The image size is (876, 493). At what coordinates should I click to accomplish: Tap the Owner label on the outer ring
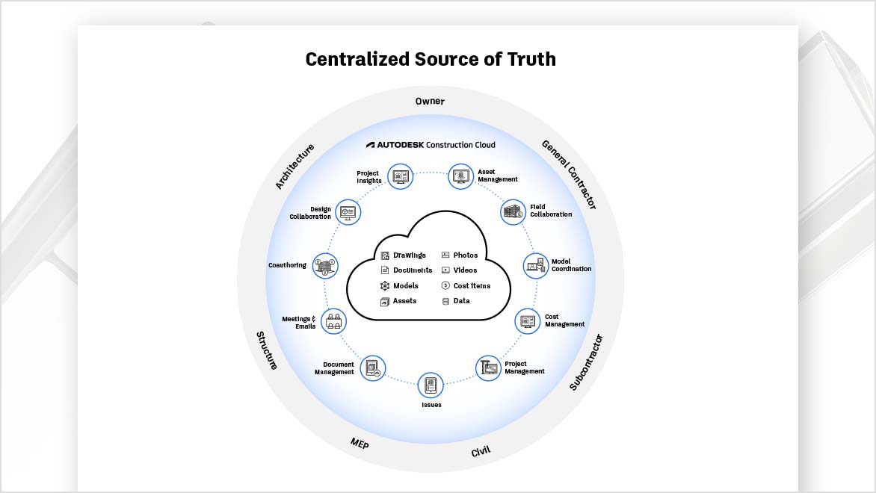pos(430,101)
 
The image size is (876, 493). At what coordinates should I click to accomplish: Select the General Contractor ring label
pos(569,174)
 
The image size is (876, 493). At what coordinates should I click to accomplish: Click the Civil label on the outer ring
pos(481,452)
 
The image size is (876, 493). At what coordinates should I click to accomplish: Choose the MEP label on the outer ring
pos(360,444)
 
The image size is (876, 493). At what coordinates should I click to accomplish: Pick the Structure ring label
pos(267,351)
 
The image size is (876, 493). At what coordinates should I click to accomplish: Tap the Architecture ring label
pos(294,166)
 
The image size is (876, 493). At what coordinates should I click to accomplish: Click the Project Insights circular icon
pos(401,177)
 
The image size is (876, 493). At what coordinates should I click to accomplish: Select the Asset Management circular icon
pos(460,177)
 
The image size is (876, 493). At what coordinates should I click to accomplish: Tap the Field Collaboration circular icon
pos(513,212)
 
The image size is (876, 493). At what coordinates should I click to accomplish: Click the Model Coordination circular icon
pos(536,266)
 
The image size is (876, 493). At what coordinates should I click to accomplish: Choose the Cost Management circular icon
pos(528,321)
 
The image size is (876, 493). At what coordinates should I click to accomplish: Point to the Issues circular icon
pos(431,385)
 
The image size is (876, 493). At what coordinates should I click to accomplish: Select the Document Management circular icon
pos(372,368)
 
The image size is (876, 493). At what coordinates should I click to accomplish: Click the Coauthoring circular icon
pos(325,266)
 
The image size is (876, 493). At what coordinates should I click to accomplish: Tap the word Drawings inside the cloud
pos(409,255)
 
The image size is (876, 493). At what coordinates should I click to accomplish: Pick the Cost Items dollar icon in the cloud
pos(445,285)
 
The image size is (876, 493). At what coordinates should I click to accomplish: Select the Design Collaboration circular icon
pos(348,212)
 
